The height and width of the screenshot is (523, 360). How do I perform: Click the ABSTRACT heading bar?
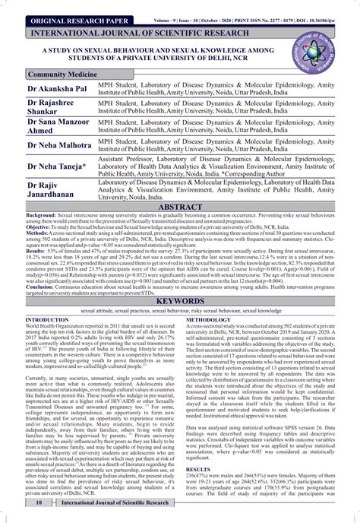click(180, 208)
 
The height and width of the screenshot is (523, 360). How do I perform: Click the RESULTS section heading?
click(199, 471)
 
